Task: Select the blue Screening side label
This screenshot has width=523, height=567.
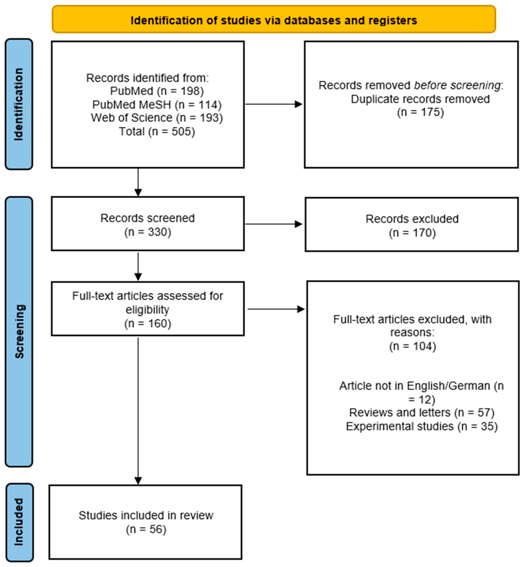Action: coord(19,331)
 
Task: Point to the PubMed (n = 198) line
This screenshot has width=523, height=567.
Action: coord(157,91)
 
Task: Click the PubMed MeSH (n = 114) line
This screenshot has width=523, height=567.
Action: coord(157,105)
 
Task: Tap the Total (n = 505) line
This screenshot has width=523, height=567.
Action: coord(157,132)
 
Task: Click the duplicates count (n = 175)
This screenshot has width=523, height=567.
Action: coord(420,112)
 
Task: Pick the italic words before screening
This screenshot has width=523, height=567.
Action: coord(457,85)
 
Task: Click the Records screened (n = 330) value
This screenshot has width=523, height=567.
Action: coord(148,232)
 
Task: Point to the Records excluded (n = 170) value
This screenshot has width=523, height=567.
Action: coord(412,233)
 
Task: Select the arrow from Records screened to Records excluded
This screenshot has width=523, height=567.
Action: coord(273,224)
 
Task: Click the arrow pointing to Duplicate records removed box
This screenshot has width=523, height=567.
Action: coord(273,104)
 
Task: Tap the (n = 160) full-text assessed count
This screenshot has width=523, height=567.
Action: coord(148,323)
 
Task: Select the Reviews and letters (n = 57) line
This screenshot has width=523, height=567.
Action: coord(421,413)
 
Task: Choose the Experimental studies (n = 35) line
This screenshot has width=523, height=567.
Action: coord(421,426)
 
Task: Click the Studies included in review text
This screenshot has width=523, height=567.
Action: coord(146,515)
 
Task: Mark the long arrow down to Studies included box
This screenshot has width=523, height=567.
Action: coord(138,410)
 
